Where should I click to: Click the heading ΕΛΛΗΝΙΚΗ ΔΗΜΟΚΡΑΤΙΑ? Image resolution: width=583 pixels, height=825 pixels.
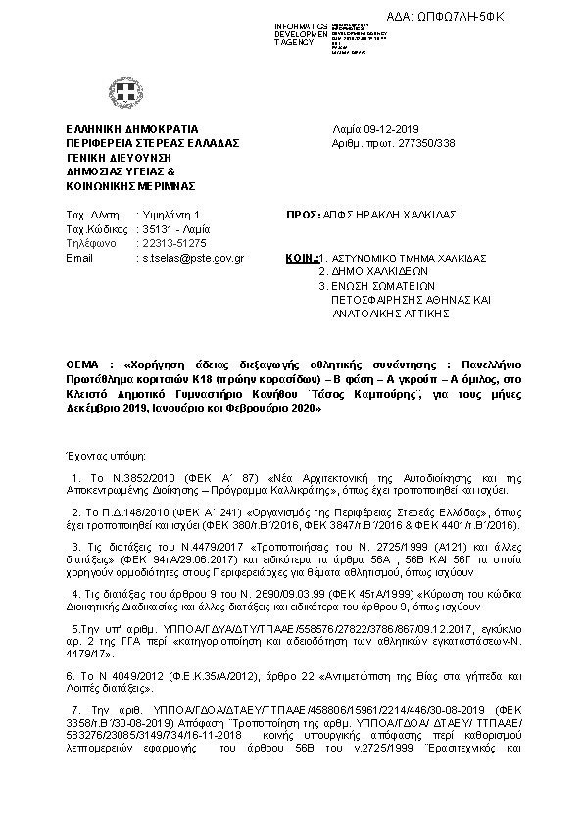coord(131,129)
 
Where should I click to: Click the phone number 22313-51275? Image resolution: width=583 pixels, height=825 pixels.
coord(173,243)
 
